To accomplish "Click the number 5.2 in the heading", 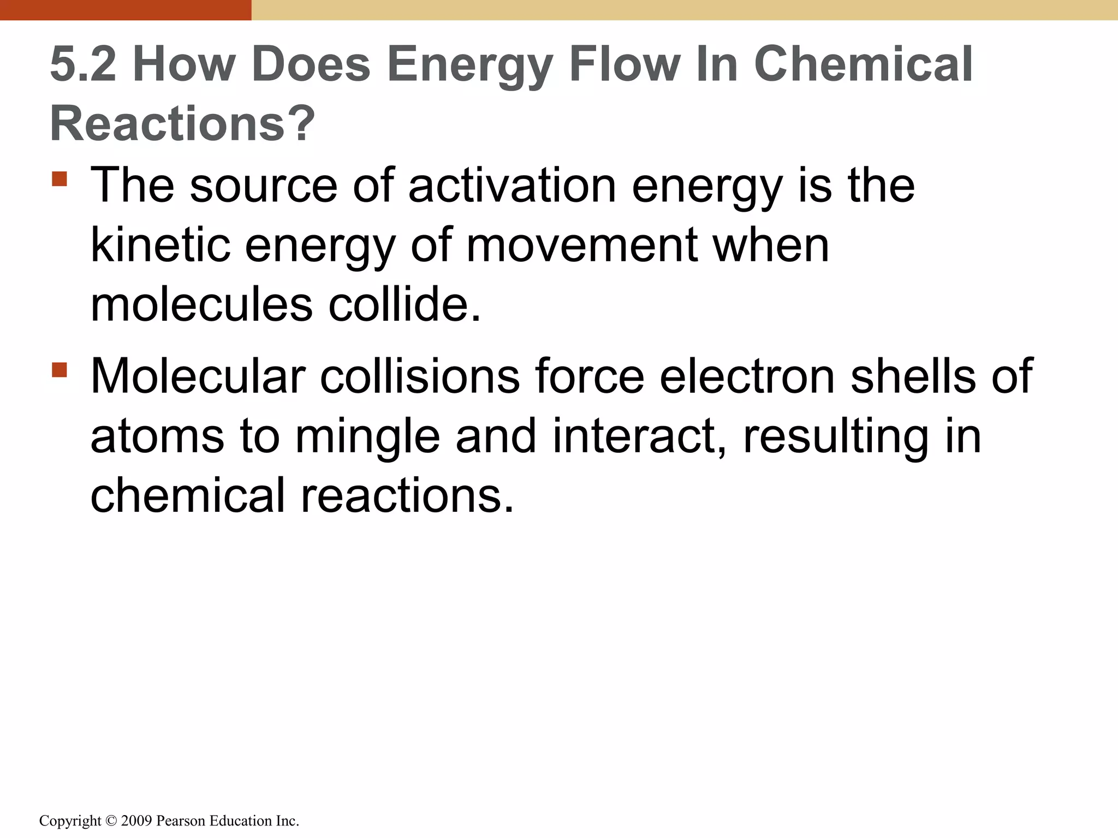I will (83, 64).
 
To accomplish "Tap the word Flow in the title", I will (625, 64).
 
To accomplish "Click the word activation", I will (512, 185).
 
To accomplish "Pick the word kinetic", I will (160, 245).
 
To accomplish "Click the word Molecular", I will (198, 376).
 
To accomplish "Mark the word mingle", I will (367, 436).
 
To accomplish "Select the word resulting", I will (836, 436).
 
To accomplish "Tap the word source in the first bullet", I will (263, 185).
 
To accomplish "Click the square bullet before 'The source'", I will (60, 179).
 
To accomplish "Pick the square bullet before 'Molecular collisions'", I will (60, 370).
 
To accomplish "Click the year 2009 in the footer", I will (136, 821).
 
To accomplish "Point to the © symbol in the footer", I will (111, 821).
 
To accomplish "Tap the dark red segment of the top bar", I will (126, 10).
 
